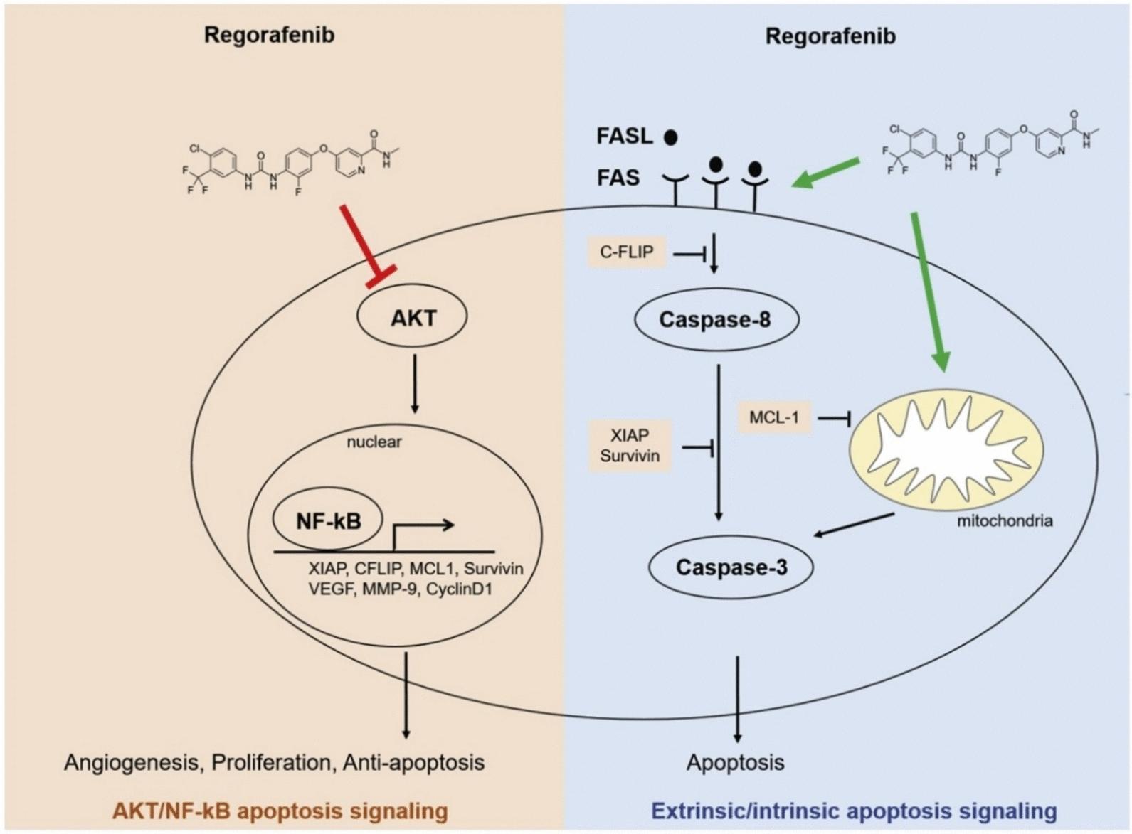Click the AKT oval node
pos(413,317)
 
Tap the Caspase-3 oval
pos(731,567)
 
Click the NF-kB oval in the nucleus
pos(328,521)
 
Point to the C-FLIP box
pos(626,252)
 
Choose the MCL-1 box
pos(773,417)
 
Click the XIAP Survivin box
pos(629,445)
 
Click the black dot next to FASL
pos(670,137)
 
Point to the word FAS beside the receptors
pos(618,177)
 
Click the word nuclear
pos(374,442)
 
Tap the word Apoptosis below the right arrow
pos(735,763)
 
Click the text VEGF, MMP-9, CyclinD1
pos(401,589)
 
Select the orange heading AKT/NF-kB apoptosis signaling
pos(280,811)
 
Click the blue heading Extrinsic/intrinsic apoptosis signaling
pos(854,811)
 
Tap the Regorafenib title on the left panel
pos(269,35)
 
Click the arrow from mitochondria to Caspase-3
pos(854,525)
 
